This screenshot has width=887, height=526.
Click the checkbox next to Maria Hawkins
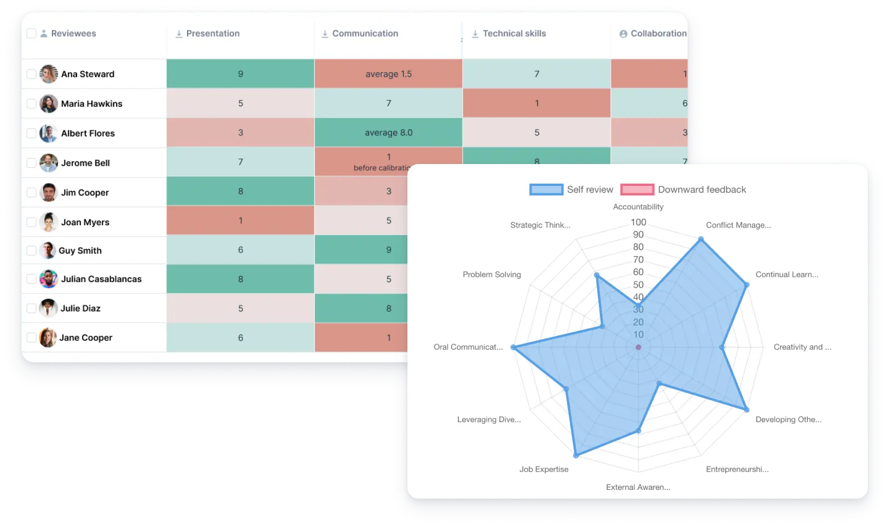31,103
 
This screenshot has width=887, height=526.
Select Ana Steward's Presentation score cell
240,74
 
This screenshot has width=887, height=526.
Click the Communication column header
365,33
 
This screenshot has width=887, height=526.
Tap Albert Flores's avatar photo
49,133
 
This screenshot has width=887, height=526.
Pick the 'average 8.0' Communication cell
388,133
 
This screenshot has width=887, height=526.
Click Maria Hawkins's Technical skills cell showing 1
536,103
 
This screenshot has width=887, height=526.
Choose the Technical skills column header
514,33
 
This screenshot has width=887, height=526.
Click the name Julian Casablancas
101,279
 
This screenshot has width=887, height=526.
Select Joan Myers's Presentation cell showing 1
240,221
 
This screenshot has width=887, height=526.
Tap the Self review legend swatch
546,190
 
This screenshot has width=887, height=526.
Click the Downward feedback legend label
702,190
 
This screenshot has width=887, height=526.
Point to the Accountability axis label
638,207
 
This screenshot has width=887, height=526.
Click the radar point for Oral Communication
513,347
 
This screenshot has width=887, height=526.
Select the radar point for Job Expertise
575,455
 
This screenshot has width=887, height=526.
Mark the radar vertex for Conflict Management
701,239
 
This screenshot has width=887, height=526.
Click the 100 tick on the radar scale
638,222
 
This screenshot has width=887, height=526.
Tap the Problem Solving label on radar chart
492,274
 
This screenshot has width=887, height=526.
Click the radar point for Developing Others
747,410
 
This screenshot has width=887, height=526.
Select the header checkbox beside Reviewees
31,33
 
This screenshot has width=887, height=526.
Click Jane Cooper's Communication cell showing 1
388,338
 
